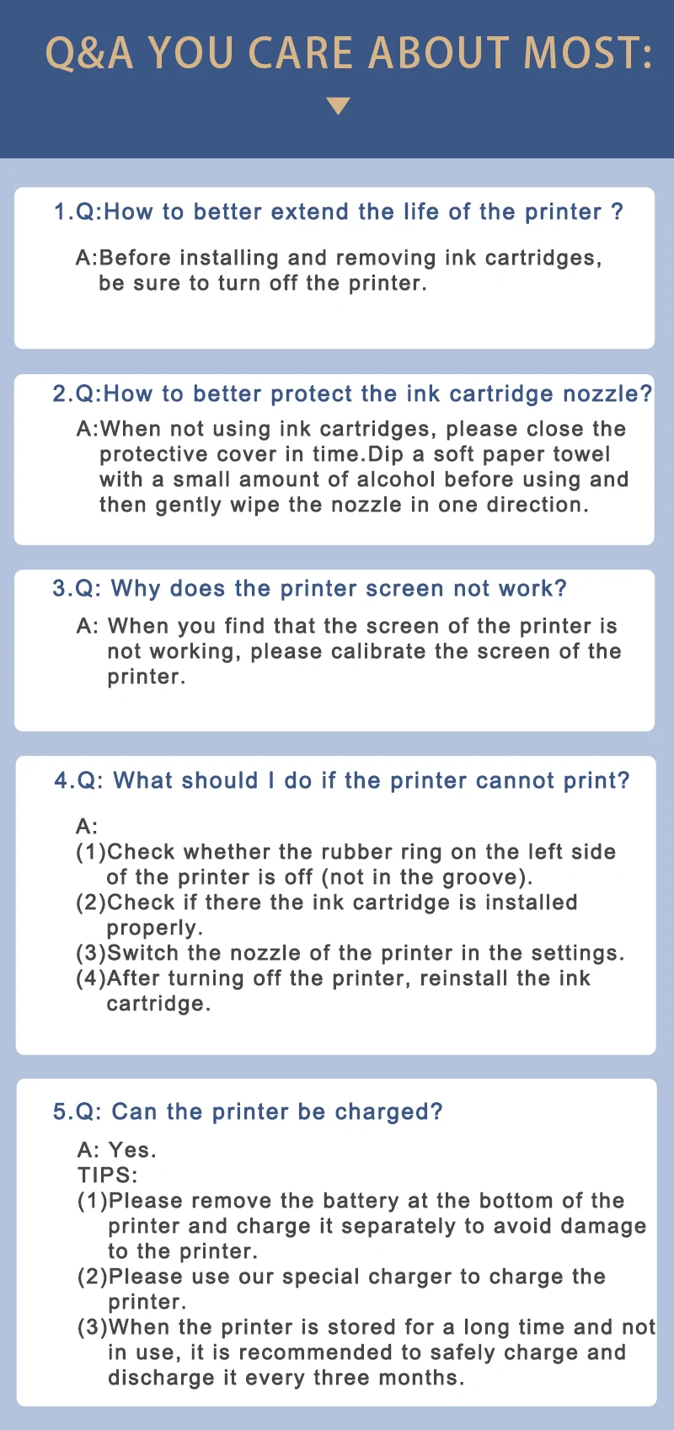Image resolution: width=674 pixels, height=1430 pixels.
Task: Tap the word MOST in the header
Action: coord(586,52)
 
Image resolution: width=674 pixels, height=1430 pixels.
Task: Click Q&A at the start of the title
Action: coord(89,53)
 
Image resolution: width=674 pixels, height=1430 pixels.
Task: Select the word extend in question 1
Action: coord(309,212)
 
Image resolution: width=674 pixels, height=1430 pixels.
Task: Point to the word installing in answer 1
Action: coord(228,258)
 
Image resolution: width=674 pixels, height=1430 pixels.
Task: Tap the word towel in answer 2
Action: coord(581,454)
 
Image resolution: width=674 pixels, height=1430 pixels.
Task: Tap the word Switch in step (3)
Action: coord(143,953)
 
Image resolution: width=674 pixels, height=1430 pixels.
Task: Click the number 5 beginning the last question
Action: coord(59,1111)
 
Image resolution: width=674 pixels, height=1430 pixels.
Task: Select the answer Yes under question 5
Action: coord(132,1149)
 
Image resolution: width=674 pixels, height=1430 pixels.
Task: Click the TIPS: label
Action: coord(107,1176)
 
